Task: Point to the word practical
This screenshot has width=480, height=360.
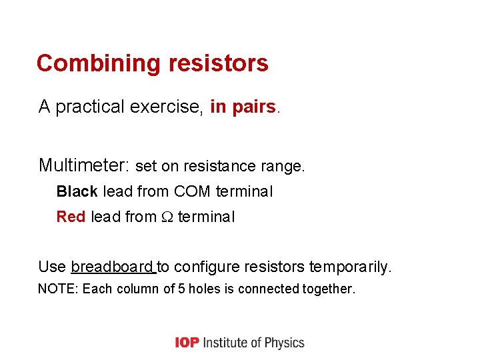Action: [x=90, y=107]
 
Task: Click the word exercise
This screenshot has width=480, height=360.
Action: [x=166, y=107]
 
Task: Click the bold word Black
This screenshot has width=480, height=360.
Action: [x=77, y=192]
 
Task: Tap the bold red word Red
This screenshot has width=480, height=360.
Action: [x=71, y=217]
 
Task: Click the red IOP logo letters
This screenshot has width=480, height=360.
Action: [x=186, y=343]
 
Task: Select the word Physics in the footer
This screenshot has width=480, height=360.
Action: [x=285, y=343]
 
